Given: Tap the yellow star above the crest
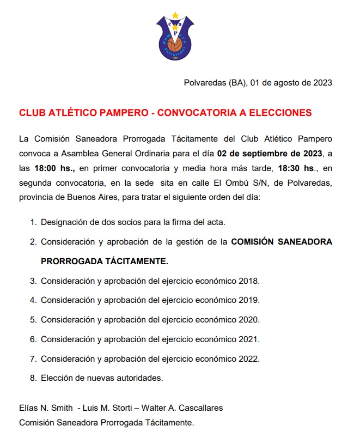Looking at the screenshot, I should coord(174,15).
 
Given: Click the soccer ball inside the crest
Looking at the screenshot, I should coord(174,44).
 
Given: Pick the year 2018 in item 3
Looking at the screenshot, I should coord(249,281).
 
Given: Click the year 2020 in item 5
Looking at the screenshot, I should coord(249,320).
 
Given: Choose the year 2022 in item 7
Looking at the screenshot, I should coord(249,358).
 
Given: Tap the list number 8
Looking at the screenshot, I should coord(33,378).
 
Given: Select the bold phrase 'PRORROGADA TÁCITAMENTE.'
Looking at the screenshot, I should coord(105,261).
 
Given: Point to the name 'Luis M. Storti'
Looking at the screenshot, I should coord(108,408).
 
